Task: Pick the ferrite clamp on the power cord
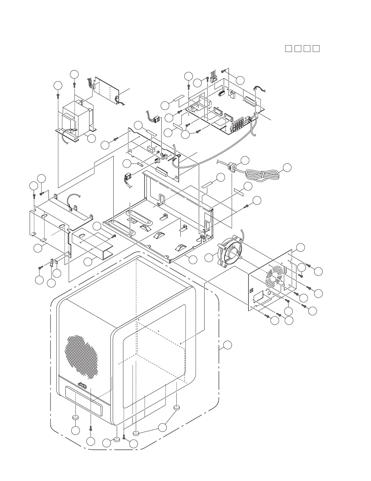coord(232,166)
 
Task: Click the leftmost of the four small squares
coord(288,49)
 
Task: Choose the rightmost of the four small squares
coord(316,49)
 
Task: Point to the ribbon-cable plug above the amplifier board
coord(214,78)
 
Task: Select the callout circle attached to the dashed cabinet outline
coord(228,345)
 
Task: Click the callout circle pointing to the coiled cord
coord(287,167)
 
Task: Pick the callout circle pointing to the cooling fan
coord(209,258)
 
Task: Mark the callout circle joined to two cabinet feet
coord(162,427)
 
